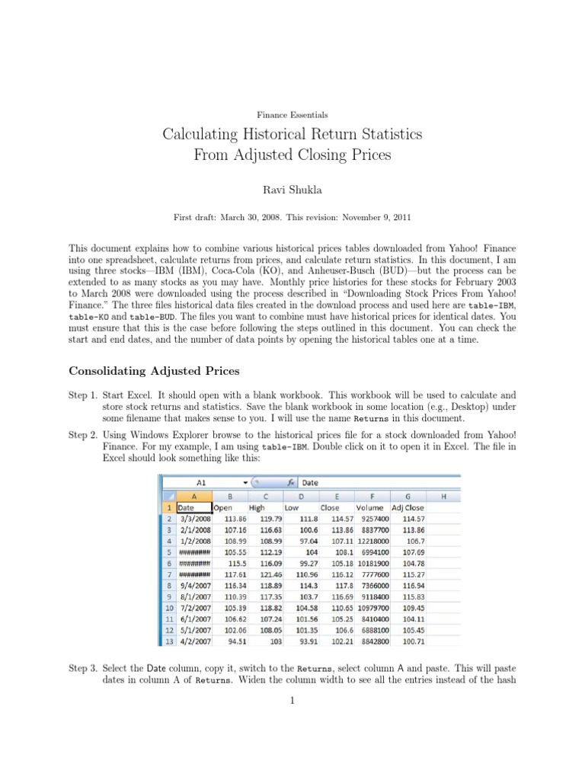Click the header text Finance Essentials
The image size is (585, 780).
coord(292,115)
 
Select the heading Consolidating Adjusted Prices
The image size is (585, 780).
coord(154,371)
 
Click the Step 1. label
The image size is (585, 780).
coord(83,395)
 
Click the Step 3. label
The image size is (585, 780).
coord(83,667)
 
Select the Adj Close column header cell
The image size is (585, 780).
coord(408,507)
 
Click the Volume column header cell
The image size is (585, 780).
coord(369,507)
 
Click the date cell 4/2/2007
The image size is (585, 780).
coord(193,642)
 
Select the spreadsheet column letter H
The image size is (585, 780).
coord(443,496)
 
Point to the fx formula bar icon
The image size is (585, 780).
coord(291,482)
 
